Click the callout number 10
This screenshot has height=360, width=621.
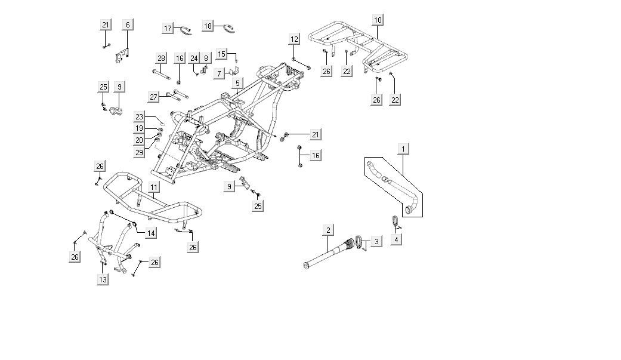(378, 20)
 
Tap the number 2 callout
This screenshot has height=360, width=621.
(328, 230)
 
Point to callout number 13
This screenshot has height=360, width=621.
(103, 279)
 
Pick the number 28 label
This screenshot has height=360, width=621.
(160, 58)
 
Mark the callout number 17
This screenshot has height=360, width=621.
(168, 28)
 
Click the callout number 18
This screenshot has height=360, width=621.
(208, 26)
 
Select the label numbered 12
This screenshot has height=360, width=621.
(294, 39)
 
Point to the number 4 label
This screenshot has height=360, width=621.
(397, 239)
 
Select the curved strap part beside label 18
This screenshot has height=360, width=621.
(227, 27)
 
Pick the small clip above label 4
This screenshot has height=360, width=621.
(395, 221)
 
